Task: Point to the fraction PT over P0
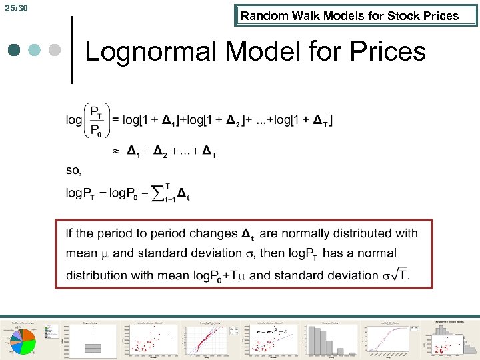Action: pyautogui.click(x=96, y=120)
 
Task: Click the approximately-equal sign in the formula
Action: pyautogui.click(x=116, y=152)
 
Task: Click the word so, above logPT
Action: pyautogui.click(x=73, y=171)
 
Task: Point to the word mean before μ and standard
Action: pyautogui.click(x=81, y=253)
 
